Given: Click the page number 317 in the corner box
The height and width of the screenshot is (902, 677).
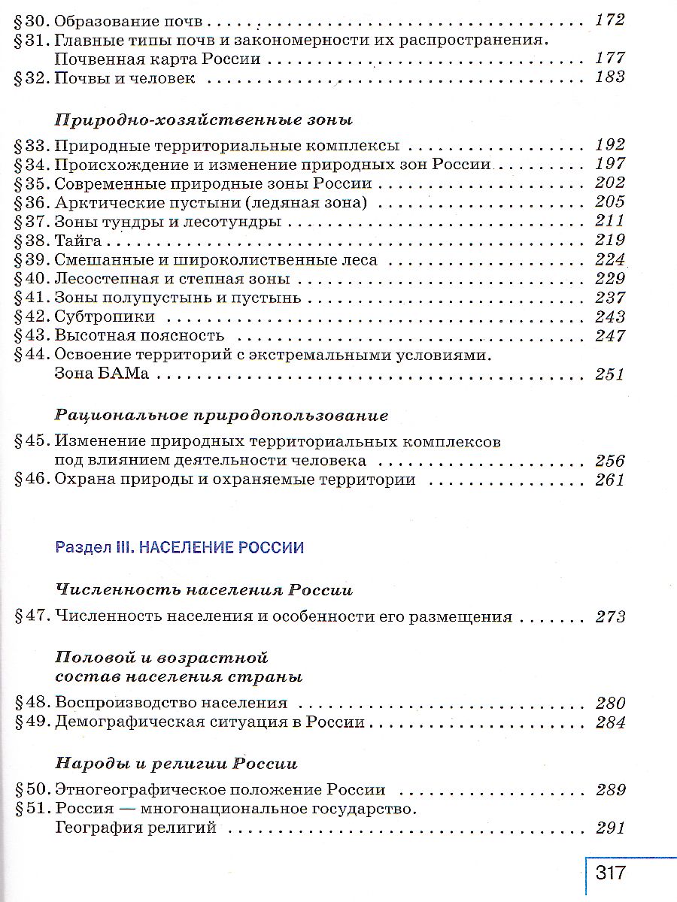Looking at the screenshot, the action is [x=611, y=873].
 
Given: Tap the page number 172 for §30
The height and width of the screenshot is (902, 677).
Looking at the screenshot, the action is [x=609, y=20].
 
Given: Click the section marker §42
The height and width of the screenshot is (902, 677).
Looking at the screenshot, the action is [x=32, y=316].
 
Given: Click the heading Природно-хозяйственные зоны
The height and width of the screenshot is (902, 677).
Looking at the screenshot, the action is [x=204, y=120].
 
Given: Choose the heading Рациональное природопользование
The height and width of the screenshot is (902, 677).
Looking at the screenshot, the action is [x=222, y=416].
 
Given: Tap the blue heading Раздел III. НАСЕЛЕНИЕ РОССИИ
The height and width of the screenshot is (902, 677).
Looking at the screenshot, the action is [x=180, y=547].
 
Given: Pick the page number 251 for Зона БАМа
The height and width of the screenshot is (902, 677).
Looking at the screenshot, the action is [x=609, y=374].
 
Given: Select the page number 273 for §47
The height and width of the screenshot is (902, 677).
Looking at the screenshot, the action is [x=609, y=617].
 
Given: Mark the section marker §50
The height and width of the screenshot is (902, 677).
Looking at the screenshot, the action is [x=32, y=790].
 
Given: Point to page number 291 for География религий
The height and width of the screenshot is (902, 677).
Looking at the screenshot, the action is [x=609, y=828].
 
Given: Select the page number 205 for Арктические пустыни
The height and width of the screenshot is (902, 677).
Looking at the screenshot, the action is [x=609, y=201].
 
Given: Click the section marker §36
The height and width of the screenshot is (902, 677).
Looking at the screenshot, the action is [x=32, y=202].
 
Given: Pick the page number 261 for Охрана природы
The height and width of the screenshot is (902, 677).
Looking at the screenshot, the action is [x=609, y=480].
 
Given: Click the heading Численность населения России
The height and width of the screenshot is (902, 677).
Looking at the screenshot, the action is [x=204, y=590].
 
